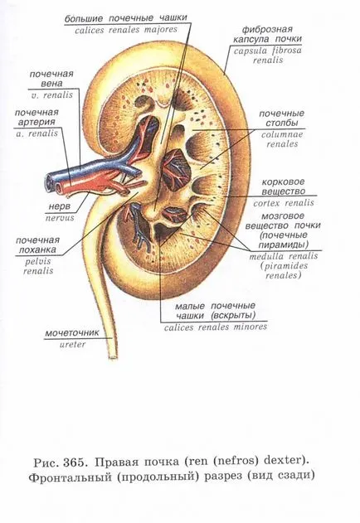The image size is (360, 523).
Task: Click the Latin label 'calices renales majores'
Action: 126,30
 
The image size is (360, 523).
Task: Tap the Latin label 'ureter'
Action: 72,345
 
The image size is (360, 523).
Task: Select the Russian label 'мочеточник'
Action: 72,332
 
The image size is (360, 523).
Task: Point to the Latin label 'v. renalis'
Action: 54,95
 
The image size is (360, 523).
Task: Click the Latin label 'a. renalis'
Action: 37,133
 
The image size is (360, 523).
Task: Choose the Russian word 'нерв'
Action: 60,206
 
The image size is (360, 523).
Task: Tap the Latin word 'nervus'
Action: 60,218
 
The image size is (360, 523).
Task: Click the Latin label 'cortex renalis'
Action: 284,203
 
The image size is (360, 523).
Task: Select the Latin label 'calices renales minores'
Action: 216,327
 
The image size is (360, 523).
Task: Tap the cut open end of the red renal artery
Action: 60,189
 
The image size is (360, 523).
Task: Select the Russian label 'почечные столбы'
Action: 281,119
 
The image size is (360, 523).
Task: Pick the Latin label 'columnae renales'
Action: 282,139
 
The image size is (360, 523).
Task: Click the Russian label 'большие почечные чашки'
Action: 125,18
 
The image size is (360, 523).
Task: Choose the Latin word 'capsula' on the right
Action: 251,51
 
